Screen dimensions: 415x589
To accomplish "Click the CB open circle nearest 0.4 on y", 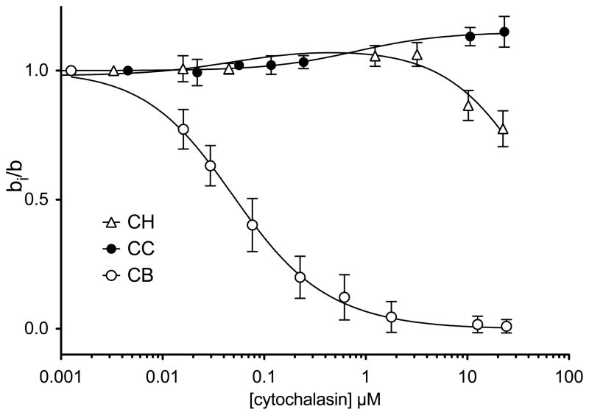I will tap(253, 225).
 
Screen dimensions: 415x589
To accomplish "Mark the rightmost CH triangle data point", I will tap(504, 129).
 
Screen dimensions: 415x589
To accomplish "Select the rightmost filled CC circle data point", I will tap(504, 32).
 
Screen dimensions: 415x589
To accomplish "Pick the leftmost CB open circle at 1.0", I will tap(71, 71).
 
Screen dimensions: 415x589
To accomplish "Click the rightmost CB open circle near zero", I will tap(506, 327).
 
